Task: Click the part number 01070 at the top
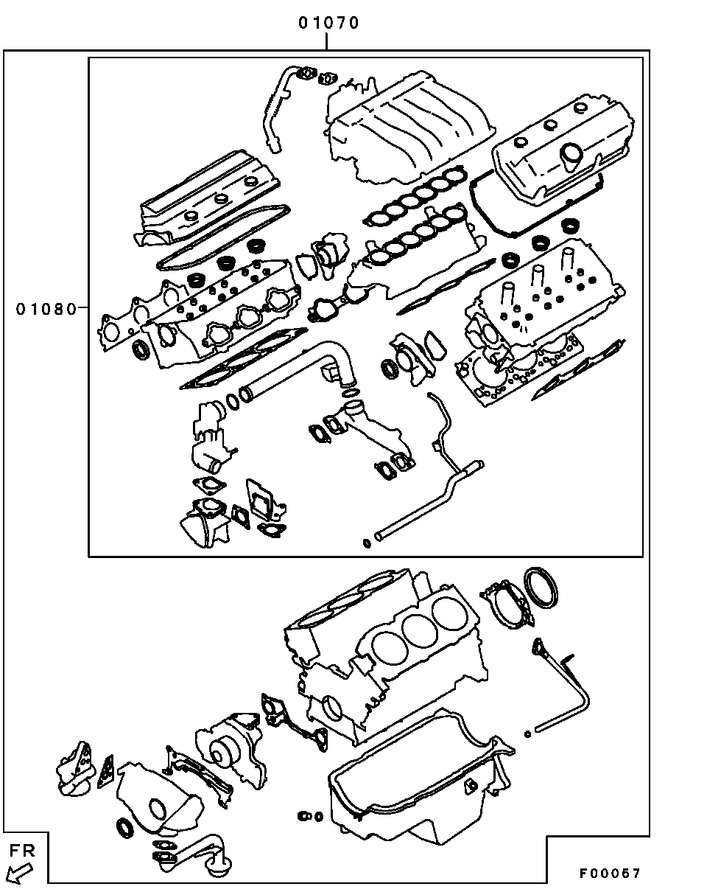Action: point(328,23)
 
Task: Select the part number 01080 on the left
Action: point(46,309)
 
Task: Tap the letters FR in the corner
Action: point(23,851)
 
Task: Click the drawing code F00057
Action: point(609,874)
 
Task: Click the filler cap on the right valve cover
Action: point(571,156)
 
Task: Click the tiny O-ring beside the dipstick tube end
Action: point(527,734)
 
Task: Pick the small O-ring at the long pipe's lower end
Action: point(367,544)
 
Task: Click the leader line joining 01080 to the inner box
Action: point(82,309)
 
